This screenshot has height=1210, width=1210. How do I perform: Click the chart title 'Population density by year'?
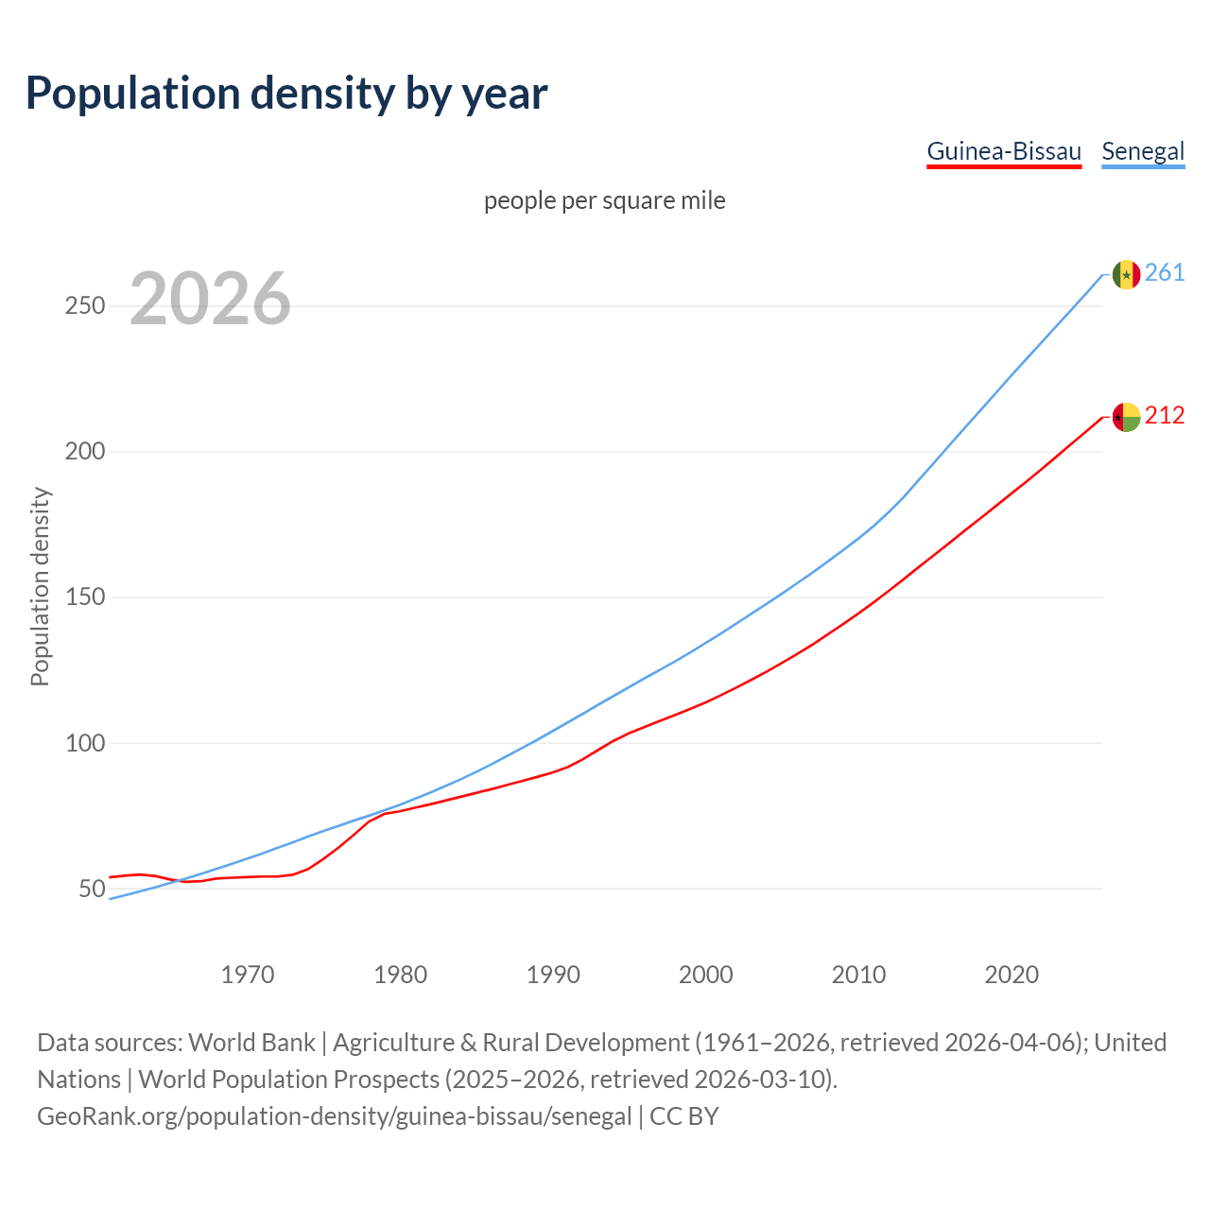pyautogui.click(x=286, y=93)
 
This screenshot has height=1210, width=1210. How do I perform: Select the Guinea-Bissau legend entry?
pyautogui.click(x=1003, y=151)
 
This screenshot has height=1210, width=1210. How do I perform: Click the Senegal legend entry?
pyautogui.click(x=1143, y=151)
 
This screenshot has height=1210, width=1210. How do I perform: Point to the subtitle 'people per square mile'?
pyautogui.click(x=605, y=200)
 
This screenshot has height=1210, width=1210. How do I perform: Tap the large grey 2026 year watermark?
pyautogui.click(x=210, y=299)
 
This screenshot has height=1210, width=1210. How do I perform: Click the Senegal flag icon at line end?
pyautogui.click(x=1126, y=274)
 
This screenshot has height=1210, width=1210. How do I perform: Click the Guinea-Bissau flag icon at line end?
pyautogui.click(x=1126, y=417)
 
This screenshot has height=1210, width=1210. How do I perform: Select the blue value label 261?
pyautogui.click(x=1165, y=273)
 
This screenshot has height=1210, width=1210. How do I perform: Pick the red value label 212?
pyautogui.click(x=1165, y=416)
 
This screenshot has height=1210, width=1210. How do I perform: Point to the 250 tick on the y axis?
pyautogui.click(x=85, y=306)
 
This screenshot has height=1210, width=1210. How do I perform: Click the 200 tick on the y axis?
pyautogui.click(x=85, y=452)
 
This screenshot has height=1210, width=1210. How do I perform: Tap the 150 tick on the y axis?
pyautogui.click(x=85, y=597)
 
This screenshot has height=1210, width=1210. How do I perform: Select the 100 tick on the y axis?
pyautogui.click(x=85, y=743)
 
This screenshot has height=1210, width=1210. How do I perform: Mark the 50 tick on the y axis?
pyautogui.click(x=92, y=889)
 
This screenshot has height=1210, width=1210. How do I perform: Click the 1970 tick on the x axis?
pyautogui.click(x=248, y=974)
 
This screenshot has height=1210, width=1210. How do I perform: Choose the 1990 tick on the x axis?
pyautogui.click(x=553, y=974)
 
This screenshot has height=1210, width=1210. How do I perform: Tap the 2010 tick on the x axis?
pyautogui.click(x=858, y=974)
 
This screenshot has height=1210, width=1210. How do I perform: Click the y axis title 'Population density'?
pyautogui.click(x=40, y=586)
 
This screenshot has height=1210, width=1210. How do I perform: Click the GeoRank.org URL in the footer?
pyautogui.click(x=334, y=1116)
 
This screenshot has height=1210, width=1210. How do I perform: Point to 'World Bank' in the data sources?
pyautogui.click(x=251, y=1043)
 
